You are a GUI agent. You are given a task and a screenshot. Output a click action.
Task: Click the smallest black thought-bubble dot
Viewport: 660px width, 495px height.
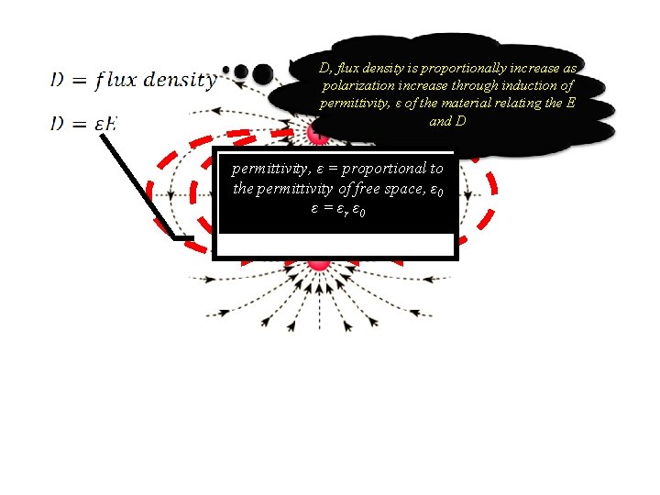[227, 70]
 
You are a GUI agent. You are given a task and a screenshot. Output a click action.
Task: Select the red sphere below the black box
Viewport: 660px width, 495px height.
[319, 262]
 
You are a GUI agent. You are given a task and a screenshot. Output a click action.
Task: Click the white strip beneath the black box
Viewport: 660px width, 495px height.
[335, 245]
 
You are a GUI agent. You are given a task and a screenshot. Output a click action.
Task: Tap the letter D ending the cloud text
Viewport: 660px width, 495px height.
[460, 120]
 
